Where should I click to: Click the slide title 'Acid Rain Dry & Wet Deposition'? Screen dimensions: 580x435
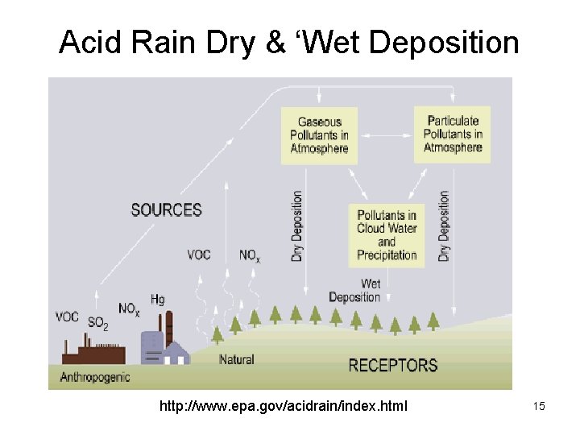289,42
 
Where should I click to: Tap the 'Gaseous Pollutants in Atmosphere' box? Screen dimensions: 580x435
319,135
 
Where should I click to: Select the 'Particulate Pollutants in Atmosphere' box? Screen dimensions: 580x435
453,135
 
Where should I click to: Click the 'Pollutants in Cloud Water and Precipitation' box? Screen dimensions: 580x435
387,235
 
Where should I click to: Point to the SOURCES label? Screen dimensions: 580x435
166,210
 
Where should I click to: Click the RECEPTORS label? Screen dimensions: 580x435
392,366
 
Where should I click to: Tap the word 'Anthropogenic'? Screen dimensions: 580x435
95,376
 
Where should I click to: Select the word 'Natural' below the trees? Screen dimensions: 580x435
236,359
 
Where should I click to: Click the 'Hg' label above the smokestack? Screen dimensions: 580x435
157,300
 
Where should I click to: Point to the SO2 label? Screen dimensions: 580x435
97,324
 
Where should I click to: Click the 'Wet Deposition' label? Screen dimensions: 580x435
355,291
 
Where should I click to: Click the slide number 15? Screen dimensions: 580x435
539,406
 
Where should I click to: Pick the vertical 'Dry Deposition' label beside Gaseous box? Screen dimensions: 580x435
297,226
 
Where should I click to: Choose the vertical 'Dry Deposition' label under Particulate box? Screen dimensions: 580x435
444,226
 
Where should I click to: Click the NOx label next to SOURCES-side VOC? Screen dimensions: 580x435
250,255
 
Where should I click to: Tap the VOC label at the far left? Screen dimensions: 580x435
67,317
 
